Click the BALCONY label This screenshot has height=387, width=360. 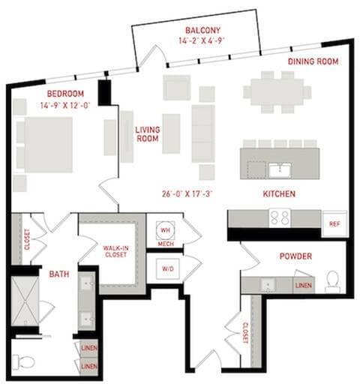202,30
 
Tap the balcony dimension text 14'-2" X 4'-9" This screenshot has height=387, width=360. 202,40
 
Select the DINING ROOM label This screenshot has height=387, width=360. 313,61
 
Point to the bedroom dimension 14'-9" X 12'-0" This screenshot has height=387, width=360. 65,105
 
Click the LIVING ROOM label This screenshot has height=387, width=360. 148,134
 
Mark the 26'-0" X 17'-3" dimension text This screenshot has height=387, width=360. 187,193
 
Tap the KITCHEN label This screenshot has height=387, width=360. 279,194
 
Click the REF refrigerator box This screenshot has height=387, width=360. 334,223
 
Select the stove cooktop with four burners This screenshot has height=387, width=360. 280,217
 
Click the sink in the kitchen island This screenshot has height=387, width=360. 280,170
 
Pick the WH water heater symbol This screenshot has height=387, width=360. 165,230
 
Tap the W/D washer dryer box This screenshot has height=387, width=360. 168,269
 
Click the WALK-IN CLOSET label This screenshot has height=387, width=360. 115,251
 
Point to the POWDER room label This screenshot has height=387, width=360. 295,256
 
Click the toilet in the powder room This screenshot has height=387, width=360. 333,282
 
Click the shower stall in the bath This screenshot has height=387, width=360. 25,301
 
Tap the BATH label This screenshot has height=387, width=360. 59,274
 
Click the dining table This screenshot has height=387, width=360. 277,92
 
